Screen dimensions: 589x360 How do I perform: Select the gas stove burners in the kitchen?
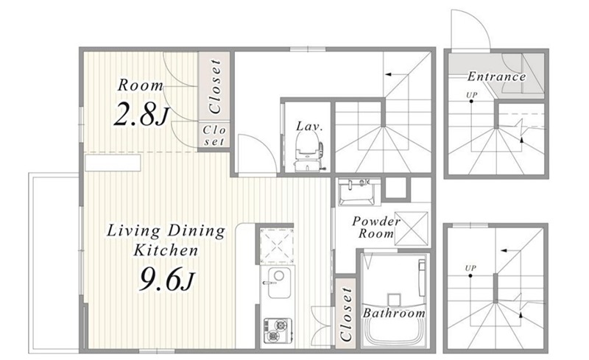(x=278, y=331)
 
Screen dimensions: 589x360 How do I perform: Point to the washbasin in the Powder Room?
(x=357, y=192)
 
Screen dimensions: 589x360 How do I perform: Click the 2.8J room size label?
(x=141, y=114)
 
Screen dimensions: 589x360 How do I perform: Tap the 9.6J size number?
(x=168, y=279)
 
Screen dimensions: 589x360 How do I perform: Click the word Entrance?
(x=496, y=77)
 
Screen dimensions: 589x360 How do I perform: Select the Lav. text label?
(x=309, y=126)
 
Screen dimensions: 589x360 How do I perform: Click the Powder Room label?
(x=376, y=227)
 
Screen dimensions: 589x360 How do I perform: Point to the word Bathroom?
(x=394, y=313)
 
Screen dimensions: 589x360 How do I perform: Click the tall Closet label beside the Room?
(x=215, y=86)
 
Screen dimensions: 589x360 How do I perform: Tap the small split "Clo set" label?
(x=214, y=135)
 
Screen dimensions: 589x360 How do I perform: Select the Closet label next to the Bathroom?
(x=345, y=314)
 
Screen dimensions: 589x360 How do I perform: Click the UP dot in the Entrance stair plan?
(x=471, y=102)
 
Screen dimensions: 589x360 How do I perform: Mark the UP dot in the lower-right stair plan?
(x=470, y=276)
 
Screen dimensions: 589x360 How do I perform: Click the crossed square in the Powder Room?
(x=412, y=229)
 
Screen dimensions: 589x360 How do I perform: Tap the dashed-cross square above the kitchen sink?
(x=277, y=244)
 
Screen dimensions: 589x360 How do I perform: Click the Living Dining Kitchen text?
(x=166, y=240)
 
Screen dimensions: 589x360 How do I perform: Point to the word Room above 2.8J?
(x=141, y=85)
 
